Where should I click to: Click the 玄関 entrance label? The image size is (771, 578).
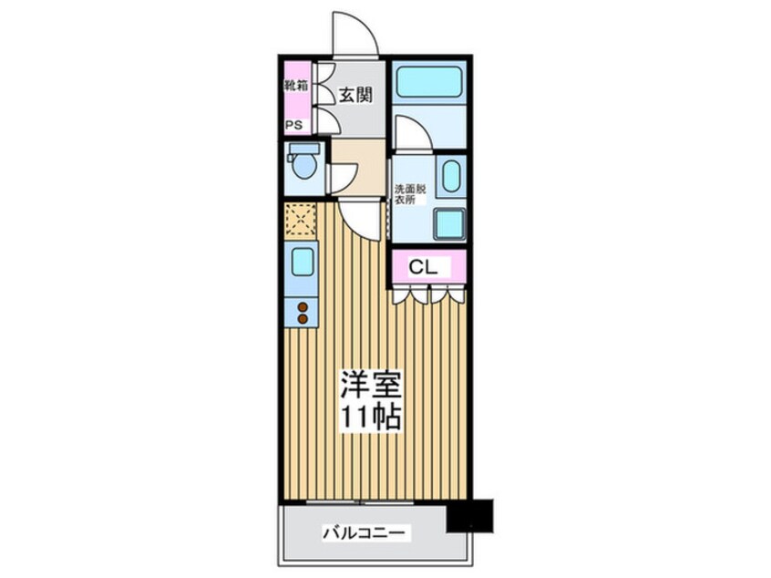[x=356, y=94]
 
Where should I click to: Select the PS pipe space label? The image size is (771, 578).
[x=294, y=126]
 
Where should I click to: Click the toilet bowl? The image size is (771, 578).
[x=303, y=168]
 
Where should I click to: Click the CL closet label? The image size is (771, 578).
[x=423, y=267]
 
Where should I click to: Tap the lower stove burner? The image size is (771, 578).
[x=302, y=320]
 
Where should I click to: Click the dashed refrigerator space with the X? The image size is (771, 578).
[x=300, y=222]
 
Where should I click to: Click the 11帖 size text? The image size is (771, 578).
[x=370, y=418]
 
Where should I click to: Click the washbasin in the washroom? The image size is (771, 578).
[x=450, y=175]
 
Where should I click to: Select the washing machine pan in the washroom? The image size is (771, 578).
[x=448, y=223]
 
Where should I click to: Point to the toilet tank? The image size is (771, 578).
[x=303, y=148]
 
